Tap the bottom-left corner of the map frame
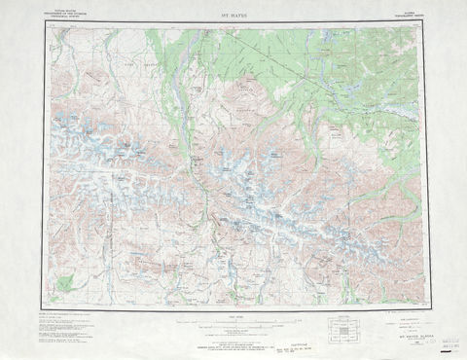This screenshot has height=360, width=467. point(44,310)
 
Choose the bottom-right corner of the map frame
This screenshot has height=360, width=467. point(425,310)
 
